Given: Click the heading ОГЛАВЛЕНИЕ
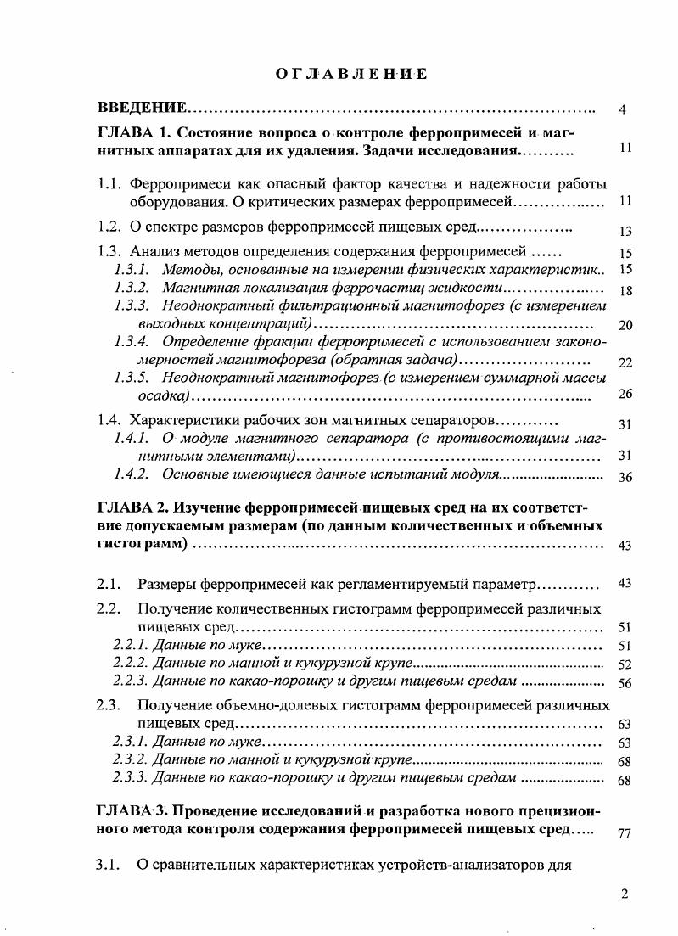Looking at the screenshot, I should click(x=351, y=75).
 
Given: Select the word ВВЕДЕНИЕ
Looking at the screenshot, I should click(x=142, y=108).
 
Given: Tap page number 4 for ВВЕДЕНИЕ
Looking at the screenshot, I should click(x=623, y=110).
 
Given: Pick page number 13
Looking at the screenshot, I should click(x=626, y=231).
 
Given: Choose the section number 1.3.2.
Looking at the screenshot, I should click(x=132, y=289).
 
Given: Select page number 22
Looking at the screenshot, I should click(x=626, y=363).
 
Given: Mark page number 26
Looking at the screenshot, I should click(x=626, y=394).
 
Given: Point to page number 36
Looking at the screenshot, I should click(x=626, y=477).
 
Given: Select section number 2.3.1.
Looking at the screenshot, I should click(x=130, y=742).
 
